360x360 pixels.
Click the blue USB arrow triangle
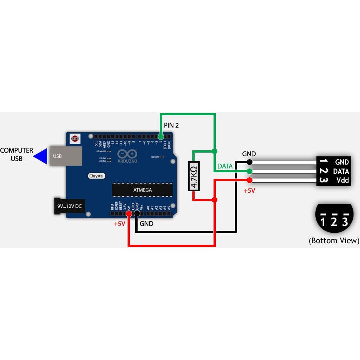pyautogui.click(x=40, y=156)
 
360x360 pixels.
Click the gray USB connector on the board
pyautogui.click(x=65, y=156)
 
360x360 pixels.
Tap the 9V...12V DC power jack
pyautogui.click(x=69, y=206)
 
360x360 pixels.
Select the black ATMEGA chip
pyautogui.click(x=142, y=190)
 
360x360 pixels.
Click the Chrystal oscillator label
pyautogui.click(x=96, y=176)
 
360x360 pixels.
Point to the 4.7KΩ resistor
pyautogui.click(x=194, y=176)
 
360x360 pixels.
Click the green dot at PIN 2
pyautogui.click(x=161, y=136)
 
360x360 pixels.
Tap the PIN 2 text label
pyautogui.click(x=172, y=125)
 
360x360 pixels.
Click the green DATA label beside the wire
pyautogui.click(x=225, y=166)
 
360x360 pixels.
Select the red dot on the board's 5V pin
pyautogui.click(x=128, y=213)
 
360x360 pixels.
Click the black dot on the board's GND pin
pyautogui.click(x=136, y=213)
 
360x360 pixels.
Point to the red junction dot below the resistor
pyautogui.click(x=215, y=200)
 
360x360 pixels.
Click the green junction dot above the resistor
pyautogui.click(x=215, y=151)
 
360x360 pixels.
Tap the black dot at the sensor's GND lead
pyautogui.click(x=249, y=162)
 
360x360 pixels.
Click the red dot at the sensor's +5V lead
pyautogui.click(x=249, y=180)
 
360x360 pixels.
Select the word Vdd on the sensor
pyautogui.click(x=342, y=180)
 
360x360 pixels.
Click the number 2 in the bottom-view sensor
pyautogui.click(x=334, y=221)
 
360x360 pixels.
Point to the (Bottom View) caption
pyautogui.click(x=334, y=241)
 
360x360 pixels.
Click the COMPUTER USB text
pyautogui.click(x=17, y=154)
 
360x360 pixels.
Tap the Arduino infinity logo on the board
pyautogui.click(x=127, y=154)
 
